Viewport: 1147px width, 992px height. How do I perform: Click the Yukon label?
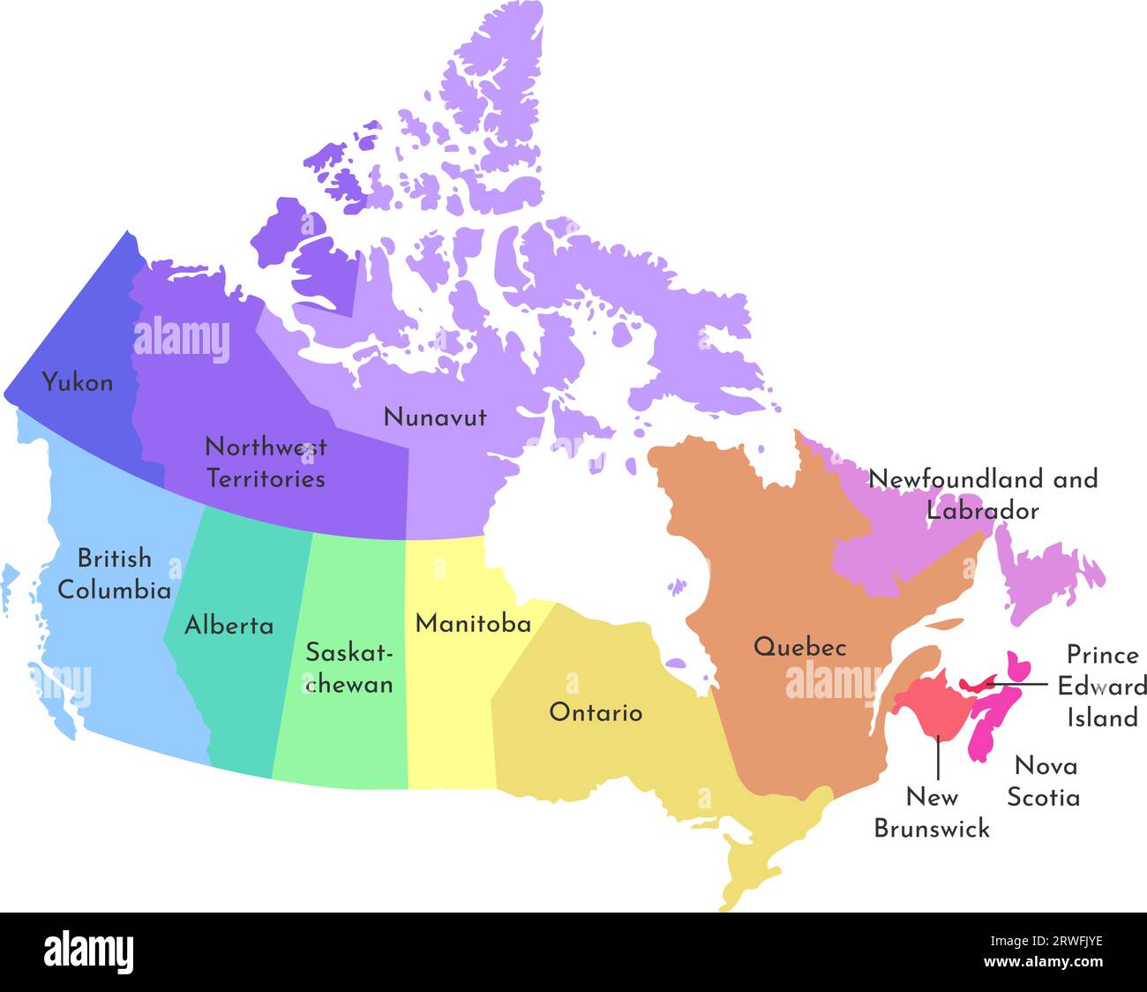point(78,383)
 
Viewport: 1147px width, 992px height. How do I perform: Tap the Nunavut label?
point(434,417)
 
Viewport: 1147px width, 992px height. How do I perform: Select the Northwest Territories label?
point(265,462)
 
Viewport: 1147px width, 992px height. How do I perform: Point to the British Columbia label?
point(114,574)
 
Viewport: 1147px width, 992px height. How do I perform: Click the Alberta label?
point(229,626)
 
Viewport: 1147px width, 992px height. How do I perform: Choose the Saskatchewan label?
point(349,668)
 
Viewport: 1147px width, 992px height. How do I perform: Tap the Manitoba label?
point(473,624)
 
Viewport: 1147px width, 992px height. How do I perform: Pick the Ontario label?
point(596,712)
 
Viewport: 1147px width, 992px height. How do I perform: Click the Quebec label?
point(799,647)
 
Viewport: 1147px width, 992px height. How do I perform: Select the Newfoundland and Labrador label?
point(983,494)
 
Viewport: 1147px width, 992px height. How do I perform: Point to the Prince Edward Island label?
point(1102,687)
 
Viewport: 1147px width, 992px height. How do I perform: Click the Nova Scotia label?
point(1044,781)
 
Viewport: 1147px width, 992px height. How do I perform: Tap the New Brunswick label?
point(932,813)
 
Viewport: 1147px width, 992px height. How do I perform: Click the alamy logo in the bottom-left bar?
point(89,952)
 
